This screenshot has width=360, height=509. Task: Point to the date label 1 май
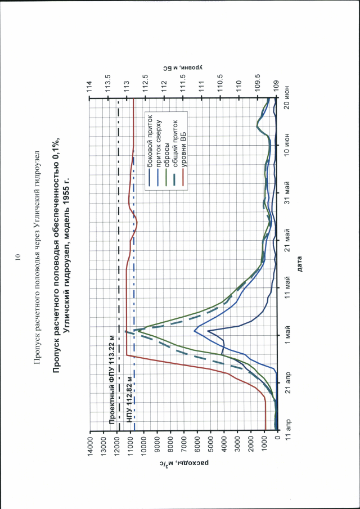point(287,335)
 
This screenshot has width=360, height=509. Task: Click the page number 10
point(18,258)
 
